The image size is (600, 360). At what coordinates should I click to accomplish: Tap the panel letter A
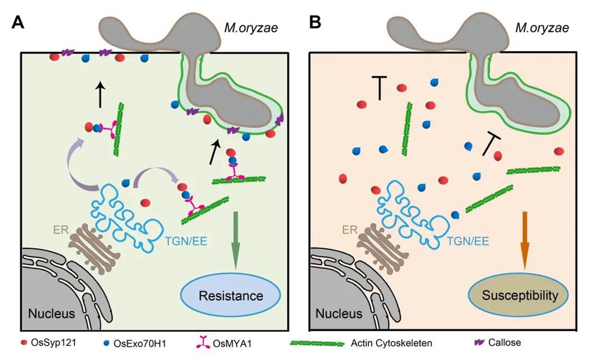[18, 23]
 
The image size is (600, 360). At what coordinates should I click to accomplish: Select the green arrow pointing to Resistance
[235, 240]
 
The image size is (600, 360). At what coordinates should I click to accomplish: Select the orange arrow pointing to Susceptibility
[524, 240]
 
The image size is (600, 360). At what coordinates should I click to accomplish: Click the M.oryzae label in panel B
[542, 28]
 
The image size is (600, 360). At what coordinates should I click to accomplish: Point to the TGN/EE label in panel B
[467, 241]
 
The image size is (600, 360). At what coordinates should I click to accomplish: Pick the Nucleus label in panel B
[339, 314]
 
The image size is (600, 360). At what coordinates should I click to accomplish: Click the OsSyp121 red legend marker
[25, 343]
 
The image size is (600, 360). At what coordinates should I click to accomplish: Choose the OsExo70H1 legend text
[140, 343]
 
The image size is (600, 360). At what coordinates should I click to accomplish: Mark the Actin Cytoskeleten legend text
[391, 343]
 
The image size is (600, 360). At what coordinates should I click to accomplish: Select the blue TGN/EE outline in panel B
[409, 218]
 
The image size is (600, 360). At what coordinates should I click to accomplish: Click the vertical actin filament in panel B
[407, 129]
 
